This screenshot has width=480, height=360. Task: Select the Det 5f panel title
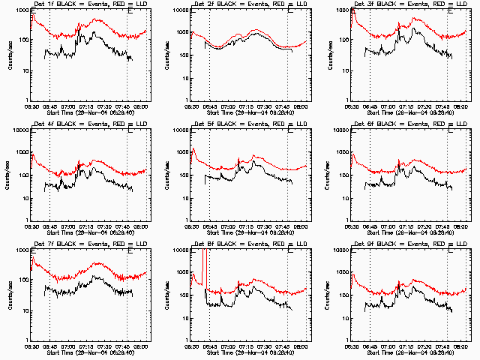pos(249,124)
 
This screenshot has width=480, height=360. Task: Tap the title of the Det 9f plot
pos(409,244)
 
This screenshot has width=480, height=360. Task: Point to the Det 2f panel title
pos(249,4)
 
